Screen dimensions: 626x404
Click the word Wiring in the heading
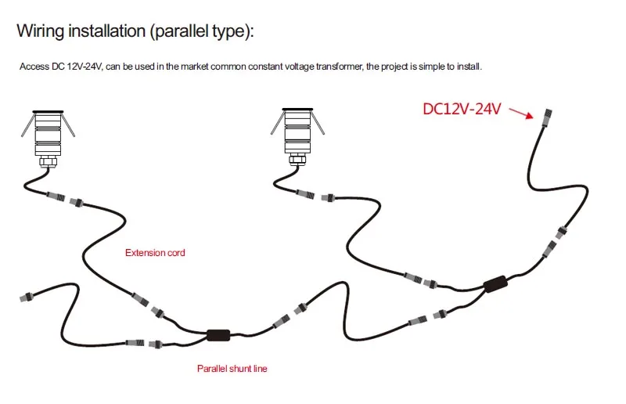pyautogui.click(x=41, y=31)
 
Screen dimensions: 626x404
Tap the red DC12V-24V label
pyautogui.click(x=462, y=109)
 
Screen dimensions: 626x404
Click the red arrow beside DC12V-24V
pyautogui.click(x=521, y=113)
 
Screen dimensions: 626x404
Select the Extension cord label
pyautogui.click(x=155, y=253)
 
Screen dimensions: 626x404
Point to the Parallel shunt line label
pyautogui.click(x=232, y=369)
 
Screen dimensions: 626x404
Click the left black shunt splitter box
pyautogui.click(x=218, y=335)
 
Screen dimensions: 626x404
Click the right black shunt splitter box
pyautogui.click(x=495, y=284)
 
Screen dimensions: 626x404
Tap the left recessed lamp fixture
pyautogui.click(x=48, y=139)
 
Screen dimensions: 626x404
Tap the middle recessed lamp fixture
pyautogui.click(x=297, y=136)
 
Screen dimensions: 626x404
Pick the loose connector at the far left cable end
pyautogui.click(x=27, y=298)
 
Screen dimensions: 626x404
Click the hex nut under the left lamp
pyautogui.click(x=48, y=162)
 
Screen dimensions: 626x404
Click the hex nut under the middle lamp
pyautogui.click(x=297, y=159)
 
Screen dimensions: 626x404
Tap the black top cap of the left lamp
pyautogui.click(x=48, y=112)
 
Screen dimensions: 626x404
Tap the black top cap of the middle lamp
pyautogui.click(x=297, y=109)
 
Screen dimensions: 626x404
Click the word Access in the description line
pyautogui.click(x=34, y=67)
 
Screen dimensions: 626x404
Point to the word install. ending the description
pyautogui.click(x=469, y=67)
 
